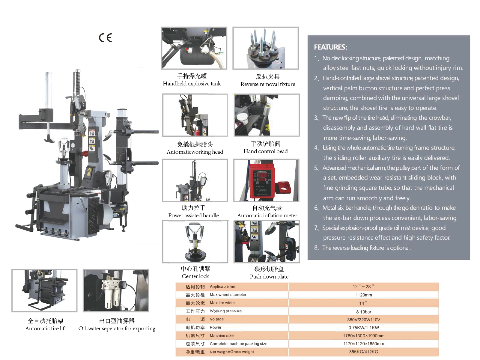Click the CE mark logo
point(105,38)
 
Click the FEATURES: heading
point(330,47)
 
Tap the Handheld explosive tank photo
point(194,48)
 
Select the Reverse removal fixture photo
point(266,48)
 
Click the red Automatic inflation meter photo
point(266,180)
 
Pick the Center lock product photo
point(195,242)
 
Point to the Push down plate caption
point(269,276)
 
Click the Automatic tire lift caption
point(46,328)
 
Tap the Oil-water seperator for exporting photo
point(116,290)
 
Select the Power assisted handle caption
point(193,215)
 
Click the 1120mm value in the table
point(364,295)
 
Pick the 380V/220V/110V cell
point(364,320)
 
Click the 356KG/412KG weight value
point(364,352)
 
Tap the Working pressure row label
point(225,311)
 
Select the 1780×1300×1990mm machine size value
point(364,336)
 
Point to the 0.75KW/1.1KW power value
point(364,328)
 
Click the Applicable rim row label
point(222,287)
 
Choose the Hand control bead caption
point(265,151)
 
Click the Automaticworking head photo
point(195,115)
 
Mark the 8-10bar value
point(364,312)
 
